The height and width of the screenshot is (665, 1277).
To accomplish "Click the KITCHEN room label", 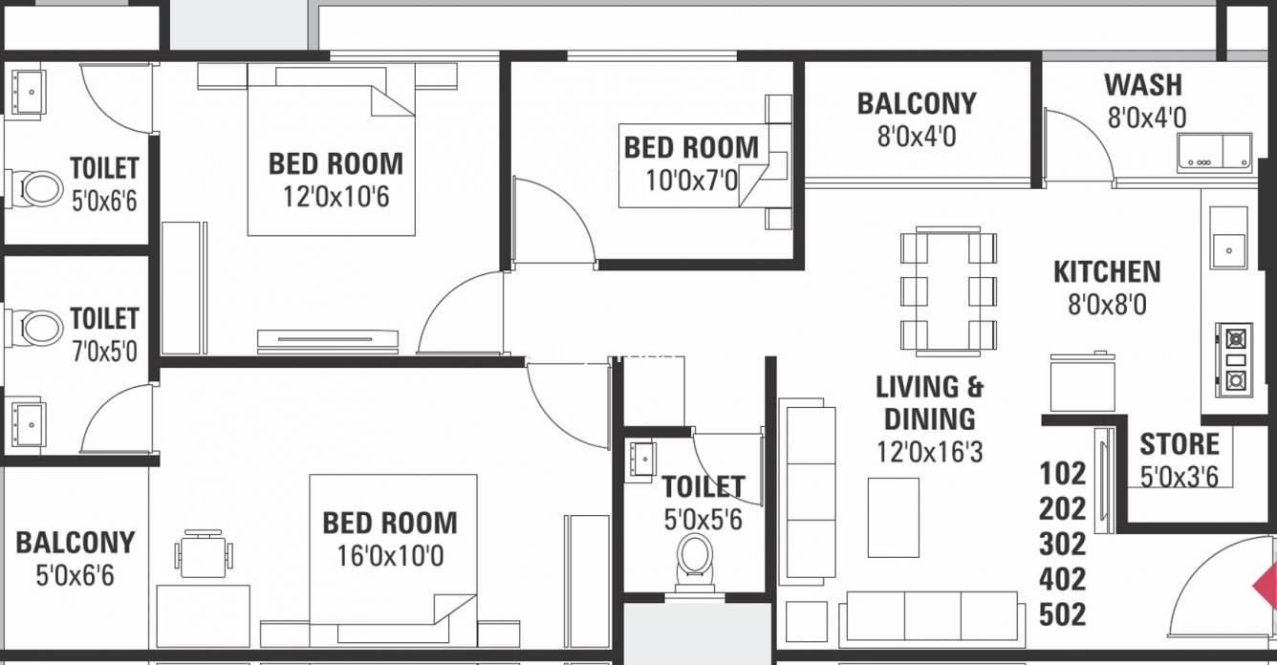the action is click(x=1107, y=271).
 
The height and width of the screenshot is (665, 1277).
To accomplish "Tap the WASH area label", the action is click(x=1143, y=85).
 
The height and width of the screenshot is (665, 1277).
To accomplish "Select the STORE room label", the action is click(x=1179, y=444).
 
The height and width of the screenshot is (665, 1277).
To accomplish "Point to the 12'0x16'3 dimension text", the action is click(x=930, y=452).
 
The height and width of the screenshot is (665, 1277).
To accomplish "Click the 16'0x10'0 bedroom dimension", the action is click(x=390, y=555).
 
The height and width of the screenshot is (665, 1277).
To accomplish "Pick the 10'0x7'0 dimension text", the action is click(x=691, y=181).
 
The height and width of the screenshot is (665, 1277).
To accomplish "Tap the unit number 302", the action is click(x=1063, y=544).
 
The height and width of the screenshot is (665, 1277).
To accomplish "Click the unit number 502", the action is click(x=1063, y=614).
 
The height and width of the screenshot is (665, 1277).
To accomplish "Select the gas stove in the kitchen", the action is click(x=1234, y=360).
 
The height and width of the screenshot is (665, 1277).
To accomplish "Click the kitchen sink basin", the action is click(x=1228, y=250).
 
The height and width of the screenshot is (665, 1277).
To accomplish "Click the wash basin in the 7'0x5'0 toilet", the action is click(x=27, y=423).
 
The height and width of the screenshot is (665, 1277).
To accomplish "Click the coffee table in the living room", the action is click(x=894, y=518).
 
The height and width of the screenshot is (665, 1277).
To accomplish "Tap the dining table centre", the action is click(x=948, y=290).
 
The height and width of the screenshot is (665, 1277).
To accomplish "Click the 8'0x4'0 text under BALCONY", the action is click(x=917, y=137).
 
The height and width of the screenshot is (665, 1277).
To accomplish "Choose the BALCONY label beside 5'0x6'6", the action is click(x=76, y=543).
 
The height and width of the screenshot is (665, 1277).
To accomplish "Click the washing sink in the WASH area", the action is click(x=1215, y=153).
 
